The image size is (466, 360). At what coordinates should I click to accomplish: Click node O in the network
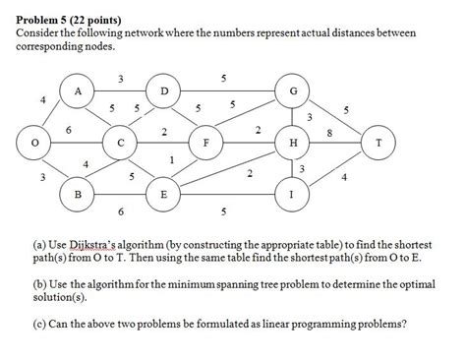coord(37,142)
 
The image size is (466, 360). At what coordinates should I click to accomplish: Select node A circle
coord(79,93)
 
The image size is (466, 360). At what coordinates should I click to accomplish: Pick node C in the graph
coord(121,143)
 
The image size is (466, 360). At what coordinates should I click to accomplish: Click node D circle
coord(164,93)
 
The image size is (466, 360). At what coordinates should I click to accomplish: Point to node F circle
coord(206,143)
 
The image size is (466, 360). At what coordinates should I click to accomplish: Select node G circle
coord(292,93)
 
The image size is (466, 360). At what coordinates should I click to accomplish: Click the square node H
coord(292,143)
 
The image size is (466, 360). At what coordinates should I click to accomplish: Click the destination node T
coord(378,143)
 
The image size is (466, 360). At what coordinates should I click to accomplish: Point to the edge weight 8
coord(329,132)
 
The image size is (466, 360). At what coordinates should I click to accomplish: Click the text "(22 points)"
coord(110,19)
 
